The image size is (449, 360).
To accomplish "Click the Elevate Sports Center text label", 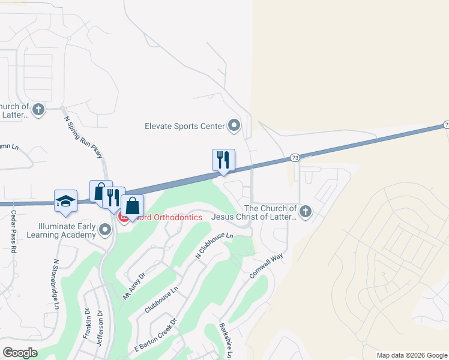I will pyautogui.click(x=184, y=126).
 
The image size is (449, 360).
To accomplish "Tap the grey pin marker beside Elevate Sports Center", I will pyautogui.click(x=234, y=125).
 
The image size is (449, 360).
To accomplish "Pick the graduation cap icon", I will pyautogui.click(x=65, y=201).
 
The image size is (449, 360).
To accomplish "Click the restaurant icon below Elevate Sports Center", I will pyautogui.click(x=223, y=160).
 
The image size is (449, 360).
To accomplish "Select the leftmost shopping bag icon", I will pyautogui.click(x=100, y=191).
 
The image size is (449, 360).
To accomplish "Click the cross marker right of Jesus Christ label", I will pyautogui.click(x=306, y=211).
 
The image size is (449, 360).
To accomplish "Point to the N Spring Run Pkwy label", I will pyautogui.click(x=84, y=136).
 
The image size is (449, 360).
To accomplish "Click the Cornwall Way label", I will pyautogui.click(x=266, y=266).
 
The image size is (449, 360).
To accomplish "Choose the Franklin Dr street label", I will pyautogui.click(x=87, y=324).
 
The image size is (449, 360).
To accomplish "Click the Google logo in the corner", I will pyautogui.click(x=19, y=353).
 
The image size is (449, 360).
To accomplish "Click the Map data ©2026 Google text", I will pyautogui.click(x=412, y=355).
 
